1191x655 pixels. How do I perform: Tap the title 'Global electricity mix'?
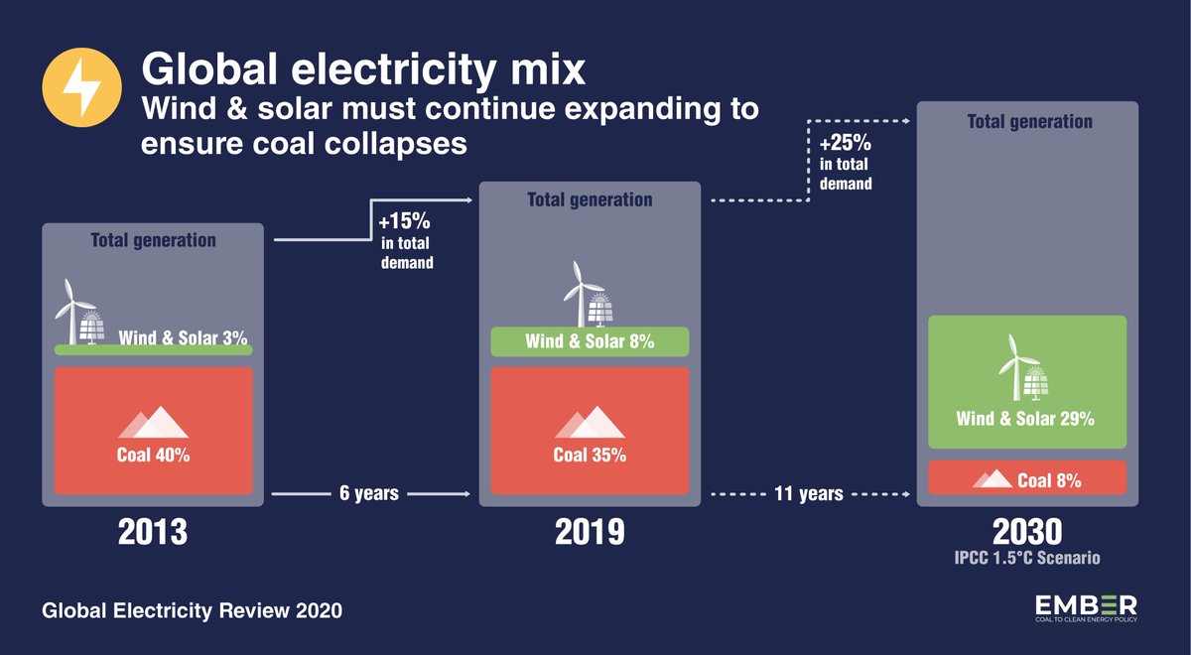tap(363, 70)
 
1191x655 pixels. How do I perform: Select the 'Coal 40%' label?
tap(153, 457)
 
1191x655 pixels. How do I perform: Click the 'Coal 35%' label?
tap(590, 457)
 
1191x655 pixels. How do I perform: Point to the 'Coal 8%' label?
tap(1049, 480)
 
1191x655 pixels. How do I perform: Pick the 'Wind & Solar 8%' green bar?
tap(590, 342)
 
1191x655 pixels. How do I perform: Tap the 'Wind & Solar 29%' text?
tap(1025, 419)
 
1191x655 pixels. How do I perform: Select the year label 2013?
tap(153, 533)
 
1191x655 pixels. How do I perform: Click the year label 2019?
tap(590, 533)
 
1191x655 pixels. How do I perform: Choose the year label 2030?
tap(1025, 530)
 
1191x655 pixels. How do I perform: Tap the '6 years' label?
tap(370, 492)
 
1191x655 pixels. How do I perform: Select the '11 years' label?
tap(811, 493)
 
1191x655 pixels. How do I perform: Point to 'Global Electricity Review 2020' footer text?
tap(192, 611)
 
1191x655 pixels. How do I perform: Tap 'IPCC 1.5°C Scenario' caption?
tap(1025, 559)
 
